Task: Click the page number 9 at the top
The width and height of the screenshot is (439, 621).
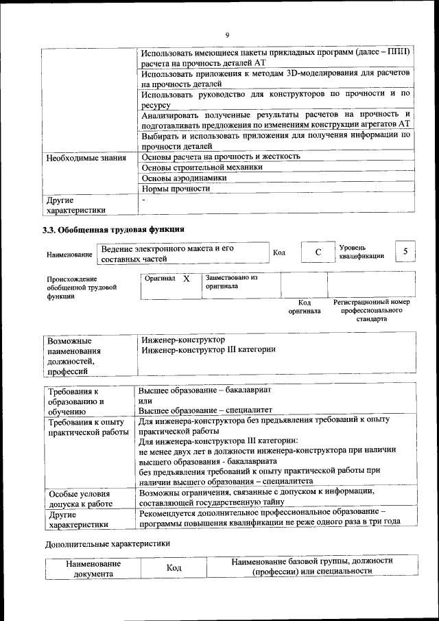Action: [226, 36]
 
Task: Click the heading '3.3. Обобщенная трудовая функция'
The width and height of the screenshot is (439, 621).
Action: [113, 229]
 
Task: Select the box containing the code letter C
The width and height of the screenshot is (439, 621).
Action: [318, 253]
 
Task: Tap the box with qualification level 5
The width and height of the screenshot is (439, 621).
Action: [405, 252]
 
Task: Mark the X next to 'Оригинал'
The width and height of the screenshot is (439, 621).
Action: [186, 279]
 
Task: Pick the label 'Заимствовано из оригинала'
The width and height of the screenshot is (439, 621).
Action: [231, 282]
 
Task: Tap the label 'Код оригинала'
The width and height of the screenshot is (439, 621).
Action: [304, 307]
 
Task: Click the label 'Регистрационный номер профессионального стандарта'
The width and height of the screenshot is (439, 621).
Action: [371, 310]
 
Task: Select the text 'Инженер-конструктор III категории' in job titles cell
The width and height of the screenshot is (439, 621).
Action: [209, 350]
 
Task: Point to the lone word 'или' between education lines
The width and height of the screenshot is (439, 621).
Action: [145, 401]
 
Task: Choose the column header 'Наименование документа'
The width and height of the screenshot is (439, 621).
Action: [93, 568]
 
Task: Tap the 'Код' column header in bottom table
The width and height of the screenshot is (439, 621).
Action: [174, 568]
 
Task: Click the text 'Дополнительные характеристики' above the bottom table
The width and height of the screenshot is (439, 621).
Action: [108, 543]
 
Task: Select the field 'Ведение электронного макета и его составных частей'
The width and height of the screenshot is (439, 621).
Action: [181, 253]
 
